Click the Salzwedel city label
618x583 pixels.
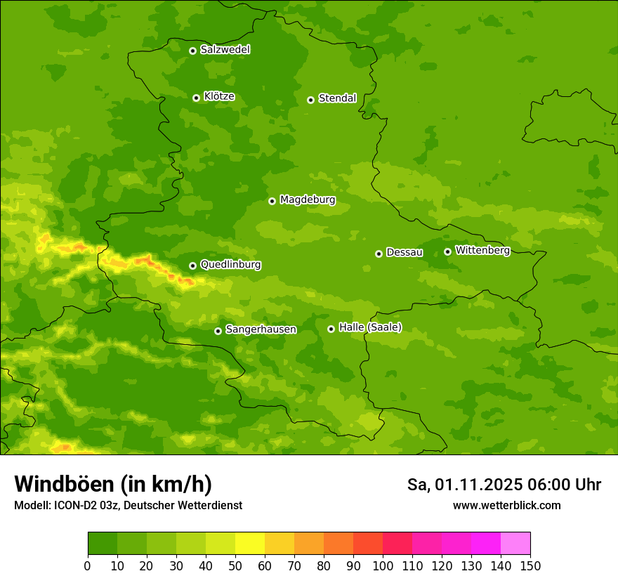pos(225,50)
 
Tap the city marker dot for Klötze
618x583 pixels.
pos(196,98)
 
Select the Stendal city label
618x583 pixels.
pos(337,98)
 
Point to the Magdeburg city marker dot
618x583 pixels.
pos(272,201)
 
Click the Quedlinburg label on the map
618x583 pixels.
pos(230,265)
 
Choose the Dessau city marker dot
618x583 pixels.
pos(379,254)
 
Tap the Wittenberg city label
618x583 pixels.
pos(482,250)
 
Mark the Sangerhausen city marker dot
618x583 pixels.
pos(218,331)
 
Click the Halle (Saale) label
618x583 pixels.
pos(370,327)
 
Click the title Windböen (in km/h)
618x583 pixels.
pos(113,484)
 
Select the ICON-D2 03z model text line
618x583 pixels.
pos(128,506)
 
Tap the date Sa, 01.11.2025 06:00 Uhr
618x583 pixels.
pos(504,485)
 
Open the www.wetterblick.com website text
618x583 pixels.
pos(506,506)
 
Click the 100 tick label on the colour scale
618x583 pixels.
pos(383,565)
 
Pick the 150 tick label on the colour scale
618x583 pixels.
pos(530,565)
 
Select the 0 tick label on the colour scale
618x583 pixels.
pos(88,565)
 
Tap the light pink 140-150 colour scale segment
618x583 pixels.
pos(515,544)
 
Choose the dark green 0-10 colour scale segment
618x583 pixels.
pos(103,544)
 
